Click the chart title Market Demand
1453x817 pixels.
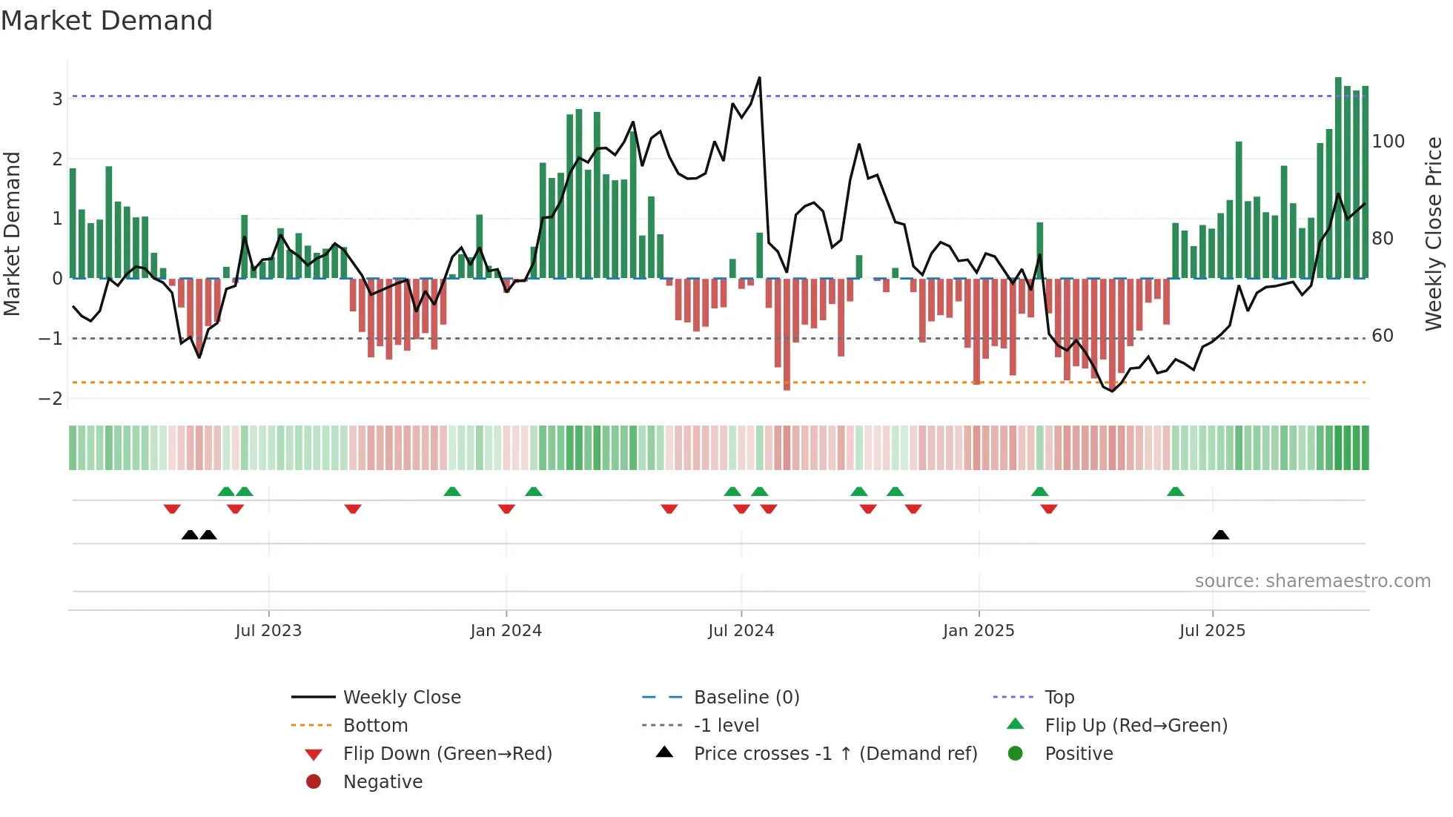click(x=107, y=21)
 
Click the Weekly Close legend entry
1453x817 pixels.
click(x=401, y=697)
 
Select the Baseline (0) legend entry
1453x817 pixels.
click(x=746, y=697)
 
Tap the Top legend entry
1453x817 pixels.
click(x=1059, y=697)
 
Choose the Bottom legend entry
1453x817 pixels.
click(x=375, y=725)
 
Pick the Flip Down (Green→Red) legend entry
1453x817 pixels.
click(x=447, y=753)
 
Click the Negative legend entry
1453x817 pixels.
click(x=383, y=781)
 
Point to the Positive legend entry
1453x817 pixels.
click(x=1078, y=753)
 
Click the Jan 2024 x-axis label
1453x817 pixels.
click(x=506, y=630)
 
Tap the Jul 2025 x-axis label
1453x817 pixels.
click(x=1212, y=630)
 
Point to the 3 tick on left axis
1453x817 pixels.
click(x=57, y=99)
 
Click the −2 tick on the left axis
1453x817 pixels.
click(x=50, y=398)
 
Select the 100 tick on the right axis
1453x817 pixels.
click(x=1388, y=141)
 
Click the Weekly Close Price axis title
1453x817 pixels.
click(x=1434, y=234)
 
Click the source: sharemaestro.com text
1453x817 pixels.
click(x=1312, y=580)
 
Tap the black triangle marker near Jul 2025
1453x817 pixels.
click(x=1220, y=535)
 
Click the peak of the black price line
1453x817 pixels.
click(x=759, y=78)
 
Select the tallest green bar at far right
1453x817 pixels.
click(x=1338, y=178)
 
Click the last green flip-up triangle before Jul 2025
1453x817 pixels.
click(x=1175, y=492)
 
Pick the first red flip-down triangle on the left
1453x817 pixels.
click(x=172, y=509)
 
